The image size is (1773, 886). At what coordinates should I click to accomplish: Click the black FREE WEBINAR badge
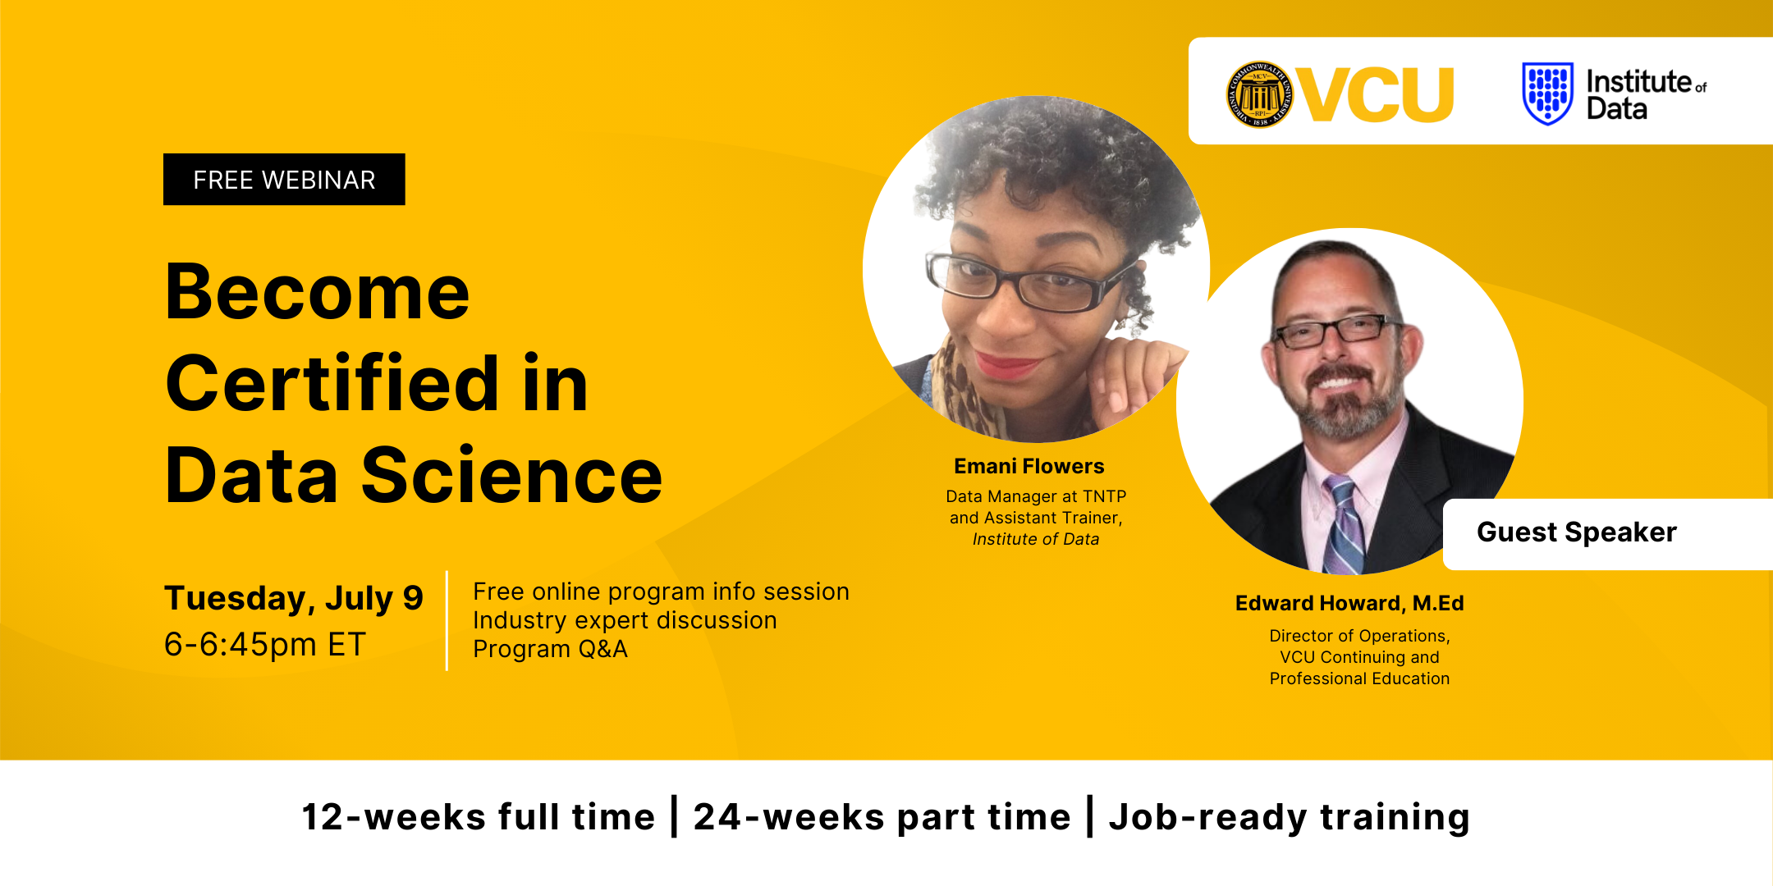point(284,179)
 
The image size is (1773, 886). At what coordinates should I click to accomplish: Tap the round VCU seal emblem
point(1260,94)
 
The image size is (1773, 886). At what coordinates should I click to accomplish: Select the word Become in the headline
point(318,292)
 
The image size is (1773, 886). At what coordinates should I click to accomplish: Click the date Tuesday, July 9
point(293,599)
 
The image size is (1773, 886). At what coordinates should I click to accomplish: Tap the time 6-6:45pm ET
point(264,645)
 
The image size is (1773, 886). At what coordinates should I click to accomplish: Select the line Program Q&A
point(550,649)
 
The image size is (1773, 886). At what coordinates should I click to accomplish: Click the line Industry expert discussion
point(625,620)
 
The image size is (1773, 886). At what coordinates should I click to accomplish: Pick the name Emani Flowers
point(1029,466)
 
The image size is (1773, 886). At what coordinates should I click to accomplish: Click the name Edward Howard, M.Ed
point(1349,603)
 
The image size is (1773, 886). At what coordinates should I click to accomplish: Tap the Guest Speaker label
point(1577,532)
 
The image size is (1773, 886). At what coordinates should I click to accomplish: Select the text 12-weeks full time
point(479,817)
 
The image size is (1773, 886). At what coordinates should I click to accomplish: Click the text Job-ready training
point(1289,817)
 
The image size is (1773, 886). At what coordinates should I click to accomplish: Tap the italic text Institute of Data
point(1036,539)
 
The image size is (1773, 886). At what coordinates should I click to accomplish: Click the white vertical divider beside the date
point(447,621)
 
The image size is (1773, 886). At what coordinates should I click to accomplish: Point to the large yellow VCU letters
point(1375,94)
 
